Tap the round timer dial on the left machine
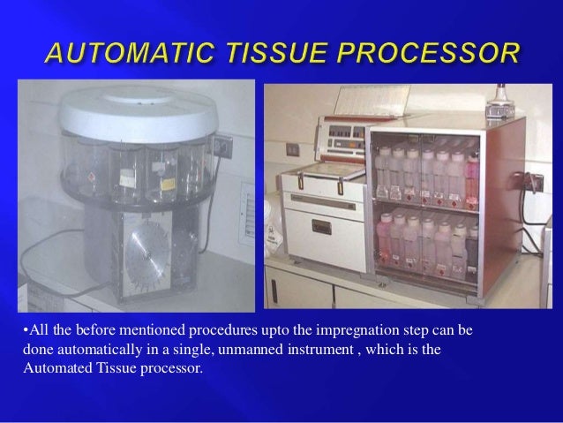[x=147, y=251]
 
